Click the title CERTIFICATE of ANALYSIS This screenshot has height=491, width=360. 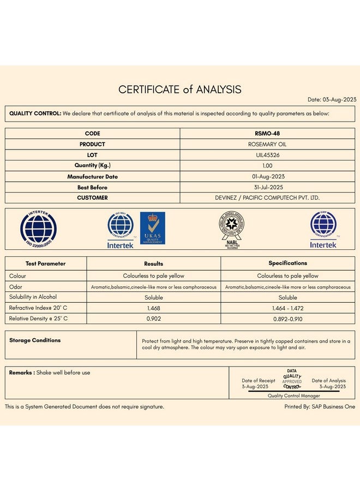point(180,89)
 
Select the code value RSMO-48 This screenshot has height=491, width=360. point(267,133)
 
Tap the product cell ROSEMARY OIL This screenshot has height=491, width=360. point(267,144)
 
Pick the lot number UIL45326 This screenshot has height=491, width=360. point(267,155)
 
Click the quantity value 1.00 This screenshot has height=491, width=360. point(267,165)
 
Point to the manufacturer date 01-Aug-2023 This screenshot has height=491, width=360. point(267,176)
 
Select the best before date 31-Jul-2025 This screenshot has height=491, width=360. point(267,187)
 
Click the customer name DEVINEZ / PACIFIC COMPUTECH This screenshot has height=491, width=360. point(267,197)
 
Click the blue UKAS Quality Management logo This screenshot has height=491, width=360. point(153,228)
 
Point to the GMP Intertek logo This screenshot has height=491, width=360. point(323,229)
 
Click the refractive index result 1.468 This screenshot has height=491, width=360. point(153,308)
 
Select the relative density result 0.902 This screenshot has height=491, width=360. point(153,318)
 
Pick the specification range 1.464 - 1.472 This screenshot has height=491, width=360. point(287,308)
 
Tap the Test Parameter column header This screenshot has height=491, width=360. point(45,264)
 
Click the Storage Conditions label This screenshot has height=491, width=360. point(35,340)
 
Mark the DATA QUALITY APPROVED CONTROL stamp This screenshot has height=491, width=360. point(292,379)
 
